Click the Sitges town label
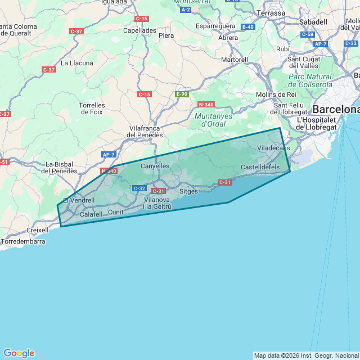(x=188, y=191)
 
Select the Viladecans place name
(x=273, y=148)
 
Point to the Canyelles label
(x=155, y=166)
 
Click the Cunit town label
(x=115, y=212)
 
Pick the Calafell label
(x=91, y=214)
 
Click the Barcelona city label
(x=336, y=109)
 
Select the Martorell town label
(x=235, y=60)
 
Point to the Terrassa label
(x=271, y=12)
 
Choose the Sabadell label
(x=313, y=21)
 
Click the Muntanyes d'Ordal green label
(x=209, y=120)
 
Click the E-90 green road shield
(x=181, y=94)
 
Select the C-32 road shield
(x=139, y=188)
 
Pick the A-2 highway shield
(x=186, y=10)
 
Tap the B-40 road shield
(x=248, y=26)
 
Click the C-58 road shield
(x=307, y=35)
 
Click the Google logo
(x=19, y=353)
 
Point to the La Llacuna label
(x=77, y=63)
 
